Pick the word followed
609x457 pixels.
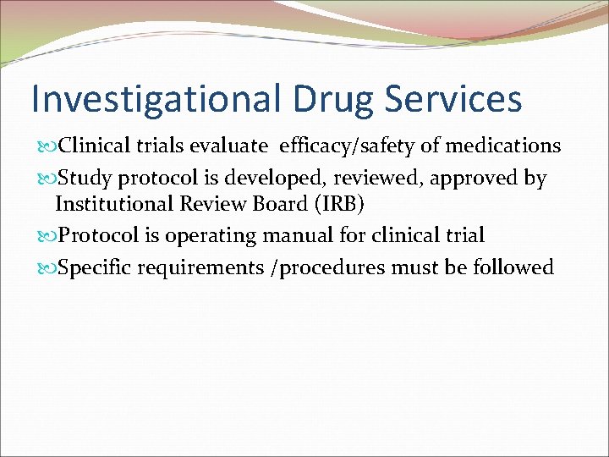(513, 268)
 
